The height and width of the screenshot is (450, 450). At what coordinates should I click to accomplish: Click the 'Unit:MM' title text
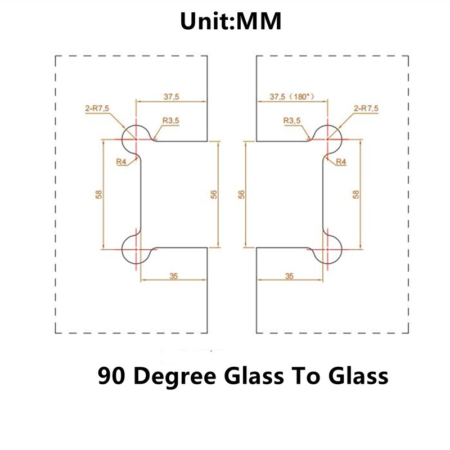pyautogui.click(x=231, y=21)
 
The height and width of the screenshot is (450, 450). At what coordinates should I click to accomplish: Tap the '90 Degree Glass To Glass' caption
pyautogui.click(x=243, y=376)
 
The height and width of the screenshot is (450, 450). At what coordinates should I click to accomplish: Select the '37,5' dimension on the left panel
pyautogui.click(x=172, y=97)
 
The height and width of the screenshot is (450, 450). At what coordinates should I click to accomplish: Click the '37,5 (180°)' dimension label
pyautogui.click(x=292, y=97)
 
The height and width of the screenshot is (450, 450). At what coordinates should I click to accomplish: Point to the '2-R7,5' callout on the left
pyautogui.click(x=97, y=109)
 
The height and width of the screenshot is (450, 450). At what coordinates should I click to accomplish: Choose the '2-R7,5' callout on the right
pyautogui.click(x=366, y=109)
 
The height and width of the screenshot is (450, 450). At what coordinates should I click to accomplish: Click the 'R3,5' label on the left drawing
pyautogui.click(x=171, y=120)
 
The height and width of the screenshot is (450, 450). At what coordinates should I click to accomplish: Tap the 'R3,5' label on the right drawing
pyautogui.click(x=292, y=120)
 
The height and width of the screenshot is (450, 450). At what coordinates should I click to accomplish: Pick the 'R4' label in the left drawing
pyautogui.click(x=121, y=162)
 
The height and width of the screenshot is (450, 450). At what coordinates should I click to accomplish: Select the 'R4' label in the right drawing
pyautogui.click(x=341, y=162)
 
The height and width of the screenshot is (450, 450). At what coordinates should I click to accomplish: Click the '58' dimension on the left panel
pyautogui.click(x=98, y=195)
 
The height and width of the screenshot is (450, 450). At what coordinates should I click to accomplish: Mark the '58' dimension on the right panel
pyautogui.click(x=356, y=195)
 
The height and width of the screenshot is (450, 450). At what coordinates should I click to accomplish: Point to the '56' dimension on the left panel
pyautogui.click(x=214, y=195)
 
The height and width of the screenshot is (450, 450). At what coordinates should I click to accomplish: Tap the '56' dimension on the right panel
pyautogui.click(x=242, y=195)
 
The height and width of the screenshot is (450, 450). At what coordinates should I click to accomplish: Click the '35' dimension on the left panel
pyautogui.click(x=174, y=276)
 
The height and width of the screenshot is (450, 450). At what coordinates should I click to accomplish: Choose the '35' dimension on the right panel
pyautogui.click(x=289, y=276)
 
